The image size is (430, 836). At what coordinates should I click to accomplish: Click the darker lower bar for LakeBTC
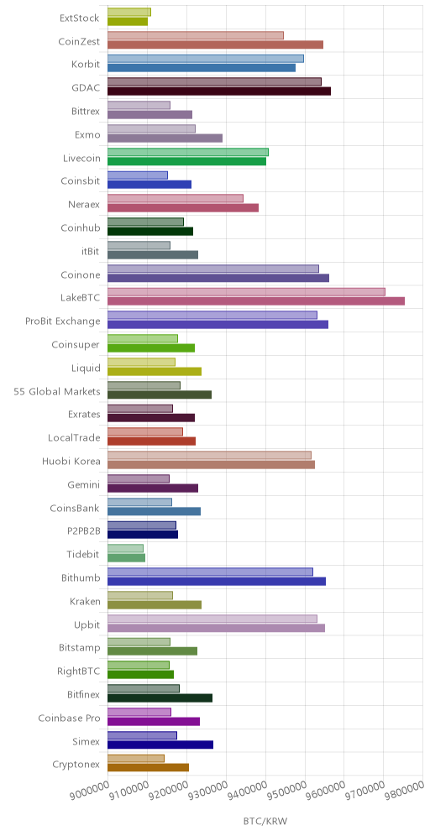256,301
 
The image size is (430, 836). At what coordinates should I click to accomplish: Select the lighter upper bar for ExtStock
129,13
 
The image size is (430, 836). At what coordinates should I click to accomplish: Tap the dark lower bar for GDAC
219,91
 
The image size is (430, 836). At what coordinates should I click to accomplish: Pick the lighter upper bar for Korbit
206,59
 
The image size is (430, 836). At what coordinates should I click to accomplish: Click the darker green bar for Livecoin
186,161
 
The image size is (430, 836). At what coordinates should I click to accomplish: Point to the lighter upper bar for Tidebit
125,548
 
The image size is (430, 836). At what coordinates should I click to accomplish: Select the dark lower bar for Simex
160,745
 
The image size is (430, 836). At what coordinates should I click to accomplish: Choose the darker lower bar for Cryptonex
149,768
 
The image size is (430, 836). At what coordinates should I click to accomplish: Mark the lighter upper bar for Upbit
212,619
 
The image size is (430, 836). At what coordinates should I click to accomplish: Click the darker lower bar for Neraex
183,208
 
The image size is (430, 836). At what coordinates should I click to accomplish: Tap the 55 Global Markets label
56,391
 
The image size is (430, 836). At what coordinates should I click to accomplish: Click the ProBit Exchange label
62,321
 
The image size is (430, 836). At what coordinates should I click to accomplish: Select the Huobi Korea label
71,461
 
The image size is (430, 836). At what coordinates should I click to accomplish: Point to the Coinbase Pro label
69,718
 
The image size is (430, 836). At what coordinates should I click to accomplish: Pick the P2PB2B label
82,531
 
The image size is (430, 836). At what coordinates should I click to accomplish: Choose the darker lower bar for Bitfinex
160,698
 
